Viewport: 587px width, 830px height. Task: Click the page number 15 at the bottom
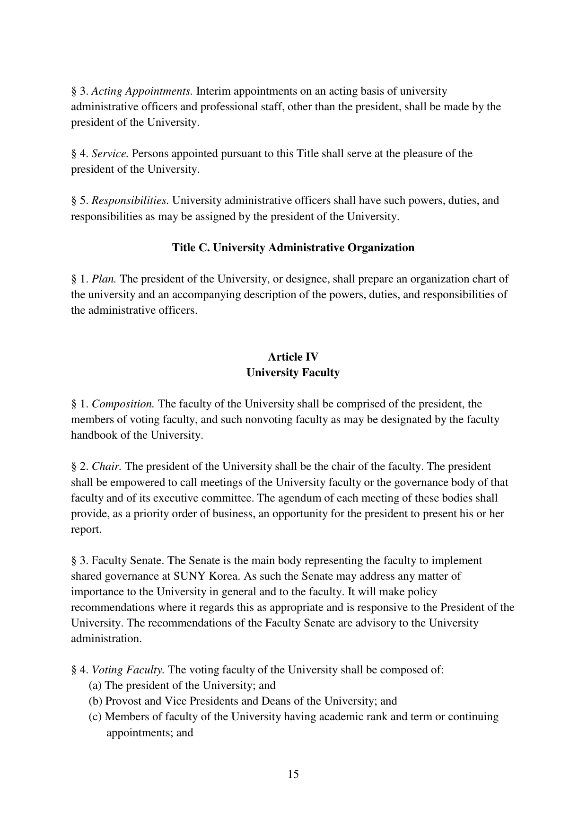(x=293, y=774)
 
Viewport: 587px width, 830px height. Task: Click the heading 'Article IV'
(x=293, y=357)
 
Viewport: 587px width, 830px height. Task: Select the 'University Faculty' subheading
(x=293, y=372)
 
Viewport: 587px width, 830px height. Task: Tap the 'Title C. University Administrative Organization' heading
(x=293, y=247)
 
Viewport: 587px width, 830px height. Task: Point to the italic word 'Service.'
(x=110, y=153)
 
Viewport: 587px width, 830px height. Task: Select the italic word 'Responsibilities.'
(x=130, y=200)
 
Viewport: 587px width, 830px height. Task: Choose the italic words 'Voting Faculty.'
(x=128, y=670)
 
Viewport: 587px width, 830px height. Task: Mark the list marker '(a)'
(x=95, y=685)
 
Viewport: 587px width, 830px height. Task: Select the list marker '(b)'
(x=96, y=701)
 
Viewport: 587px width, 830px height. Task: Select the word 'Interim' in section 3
(x=211, y=91)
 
